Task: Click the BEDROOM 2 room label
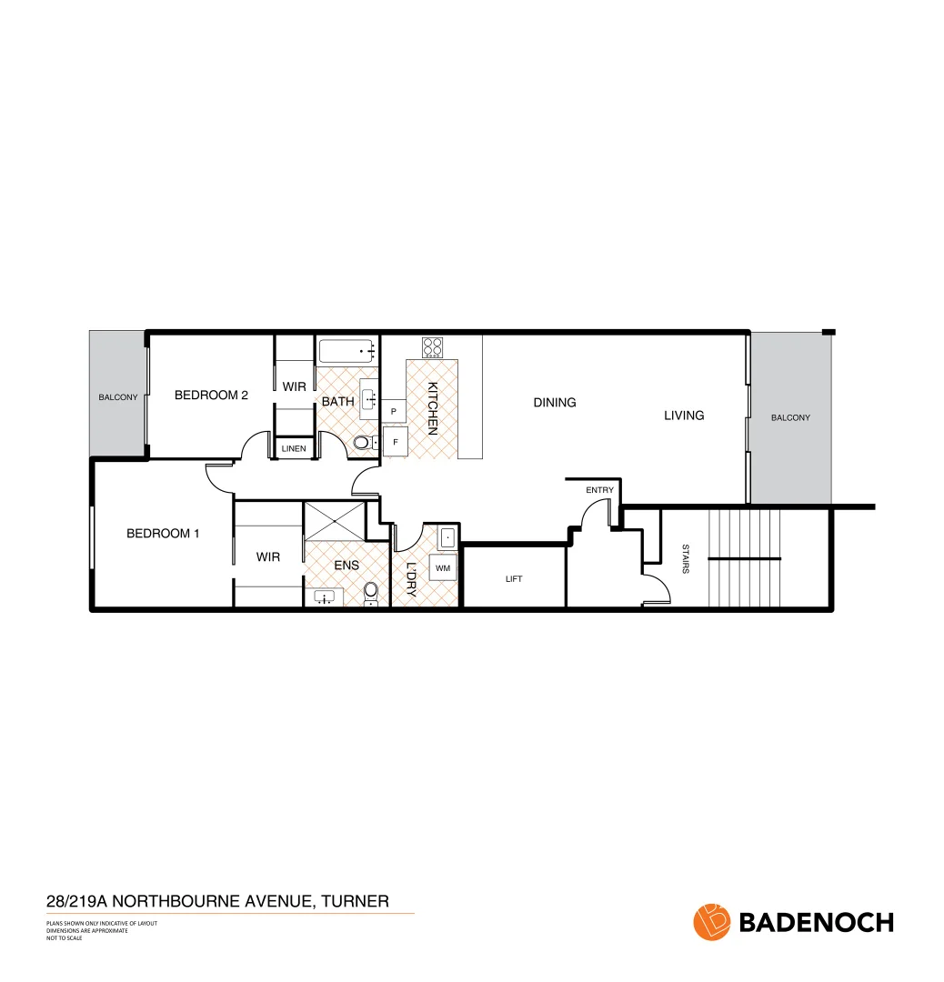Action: point(211,395)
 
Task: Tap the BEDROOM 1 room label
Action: point(162,534)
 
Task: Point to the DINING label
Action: point(555,402)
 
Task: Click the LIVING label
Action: point(684,416)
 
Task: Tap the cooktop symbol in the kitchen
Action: point(432,346)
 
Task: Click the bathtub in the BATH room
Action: point(347,351)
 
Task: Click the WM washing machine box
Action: point(443,568)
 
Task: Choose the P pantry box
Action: point(393,412)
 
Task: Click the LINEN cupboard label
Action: point(293,449)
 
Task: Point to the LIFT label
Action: point(514,579)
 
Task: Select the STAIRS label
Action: point(685,558)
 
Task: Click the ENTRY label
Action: point(599,490)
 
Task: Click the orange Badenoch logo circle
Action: point(712,921)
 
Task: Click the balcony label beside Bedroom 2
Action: point(118,397)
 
